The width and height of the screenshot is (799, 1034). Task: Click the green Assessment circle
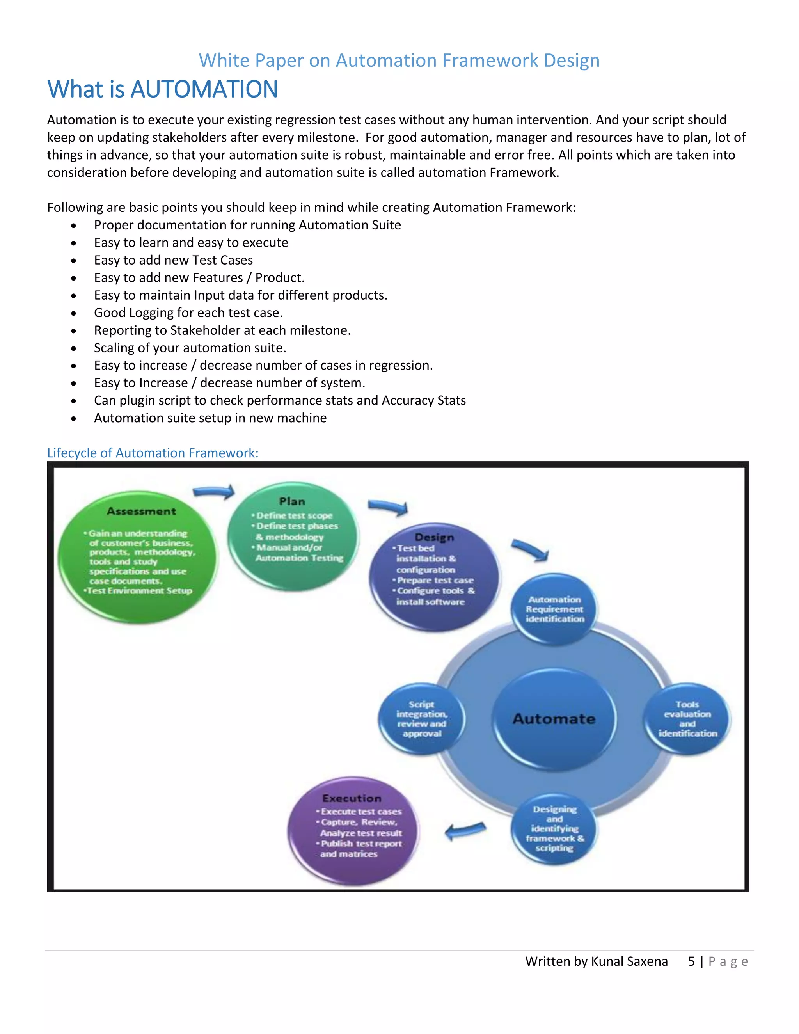point(138,557)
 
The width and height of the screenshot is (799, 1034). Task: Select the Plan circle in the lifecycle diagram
point(293,537)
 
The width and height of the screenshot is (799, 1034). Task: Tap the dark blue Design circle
point(434,577)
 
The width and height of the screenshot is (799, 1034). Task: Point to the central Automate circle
point(554,719)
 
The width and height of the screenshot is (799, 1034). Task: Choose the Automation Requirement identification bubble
point(554,609)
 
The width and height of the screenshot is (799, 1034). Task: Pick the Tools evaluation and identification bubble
point(687,719)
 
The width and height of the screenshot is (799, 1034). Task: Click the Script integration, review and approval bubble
point(421,719)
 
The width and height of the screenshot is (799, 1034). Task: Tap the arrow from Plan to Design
point(388,507)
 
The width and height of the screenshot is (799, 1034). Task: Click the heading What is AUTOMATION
point(162,89)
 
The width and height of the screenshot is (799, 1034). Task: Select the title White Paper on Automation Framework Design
point(399,60)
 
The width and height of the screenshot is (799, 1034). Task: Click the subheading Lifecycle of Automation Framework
point(153,453)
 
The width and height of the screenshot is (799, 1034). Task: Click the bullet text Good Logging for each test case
point(188,313)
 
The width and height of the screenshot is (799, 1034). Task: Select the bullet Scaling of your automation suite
point(190,348)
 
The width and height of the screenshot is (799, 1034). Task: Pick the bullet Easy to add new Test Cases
point(173,260)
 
